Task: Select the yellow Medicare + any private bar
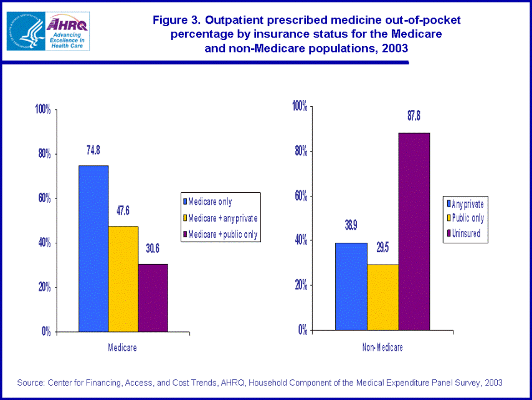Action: point(123,278)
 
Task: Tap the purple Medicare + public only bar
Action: point(153,298)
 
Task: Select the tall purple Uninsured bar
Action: point(414,231)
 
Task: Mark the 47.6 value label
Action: point(123,210)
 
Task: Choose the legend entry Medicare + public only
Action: point(222,234)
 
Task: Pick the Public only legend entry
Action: point(467,218)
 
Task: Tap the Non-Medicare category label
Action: point(382,347)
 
